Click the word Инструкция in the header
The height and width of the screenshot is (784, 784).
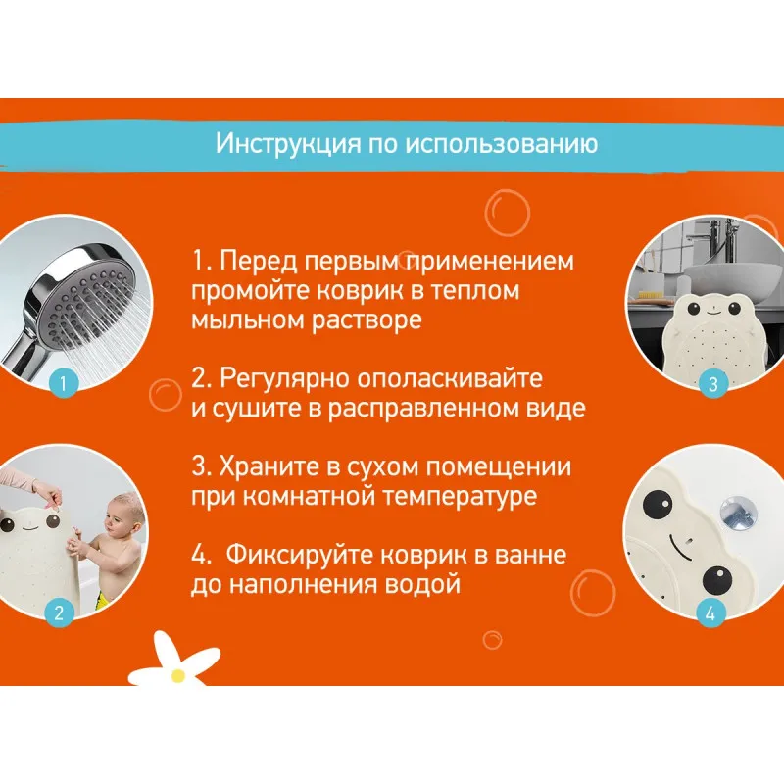[x=288, y=144]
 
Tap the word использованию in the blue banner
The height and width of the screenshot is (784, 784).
[x=502, y=144]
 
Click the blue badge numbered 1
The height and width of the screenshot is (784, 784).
[x=63, y=383]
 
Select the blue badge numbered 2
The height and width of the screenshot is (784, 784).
[x=59, y=612]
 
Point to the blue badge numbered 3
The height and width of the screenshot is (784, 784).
[x=713, y=384]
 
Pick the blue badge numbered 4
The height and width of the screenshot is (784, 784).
[x=710, y=613]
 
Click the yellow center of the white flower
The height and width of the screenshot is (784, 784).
[x=178, y=676]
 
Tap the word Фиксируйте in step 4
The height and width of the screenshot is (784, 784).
[x=299, y=555]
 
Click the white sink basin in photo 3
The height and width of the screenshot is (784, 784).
[x=731, y=281]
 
